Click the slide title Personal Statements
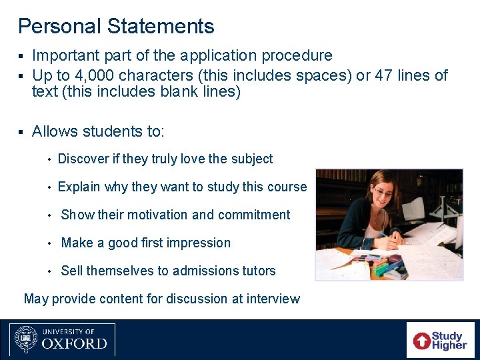click(x=116, y=27)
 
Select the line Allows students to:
click(x=97, y=131)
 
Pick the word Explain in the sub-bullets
click(x=79, y=187)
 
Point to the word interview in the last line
click(x=273, y=299)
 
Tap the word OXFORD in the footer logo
click(x=74, y=344)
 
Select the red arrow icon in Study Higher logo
click(x=422, y=341)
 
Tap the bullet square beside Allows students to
click(x=21, y=132)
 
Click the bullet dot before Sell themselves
click(x=50, y=271)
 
